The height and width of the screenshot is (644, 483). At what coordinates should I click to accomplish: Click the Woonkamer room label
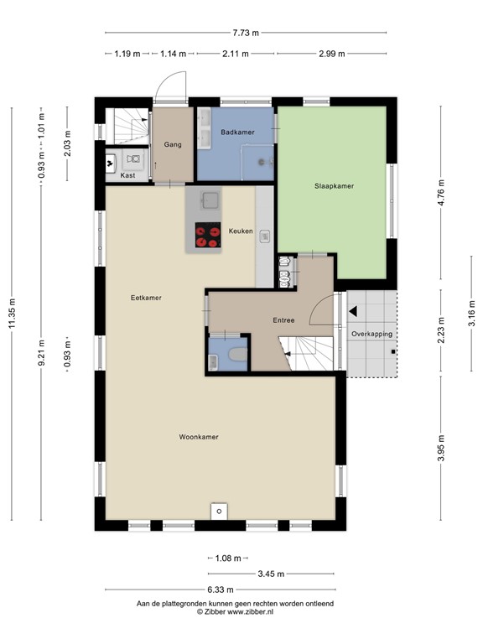coord(199,437)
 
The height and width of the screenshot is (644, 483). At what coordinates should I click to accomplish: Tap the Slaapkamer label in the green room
coord(334,186)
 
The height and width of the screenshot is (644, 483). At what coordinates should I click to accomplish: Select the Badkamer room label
coord(237,132)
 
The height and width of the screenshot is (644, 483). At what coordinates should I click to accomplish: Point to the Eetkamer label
coord(146,298)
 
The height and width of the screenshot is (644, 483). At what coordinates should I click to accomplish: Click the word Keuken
coord(241,231)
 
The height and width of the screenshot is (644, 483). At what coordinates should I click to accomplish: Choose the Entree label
coord(283,320)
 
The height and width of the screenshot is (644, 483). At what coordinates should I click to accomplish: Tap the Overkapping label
coord(371,335)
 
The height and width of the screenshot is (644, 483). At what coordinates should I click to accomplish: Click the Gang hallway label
coord(173,144)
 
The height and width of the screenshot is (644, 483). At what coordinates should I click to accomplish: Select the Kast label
coord(127,175)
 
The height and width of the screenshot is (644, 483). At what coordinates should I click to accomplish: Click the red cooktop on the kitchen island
coord(208,236)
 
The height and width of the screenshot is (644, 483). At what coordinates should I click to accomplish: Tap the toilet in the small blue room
coord(237,355)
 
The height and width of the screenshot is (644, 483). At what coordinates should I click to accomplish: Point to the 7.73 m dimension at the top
coord(246,33)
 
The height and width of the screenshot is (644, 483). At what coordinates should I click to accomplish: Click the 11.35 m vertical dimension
coord(13,313)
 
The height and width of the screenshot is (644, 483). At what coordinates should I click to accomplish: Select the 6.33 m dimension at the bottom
coord(221,589)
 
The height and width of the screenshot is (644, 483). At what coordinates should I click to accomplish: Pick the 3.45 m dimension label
coord(271,574)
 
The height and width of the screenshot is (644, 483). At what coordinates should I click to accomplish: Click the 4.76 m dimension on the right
coord(441,193)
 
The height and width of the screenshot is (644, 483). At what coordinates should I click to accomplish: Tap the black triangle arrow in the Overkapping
coord(352,311)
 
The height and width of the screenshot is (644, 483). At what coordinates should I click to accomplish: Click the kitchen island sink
coord(210,200)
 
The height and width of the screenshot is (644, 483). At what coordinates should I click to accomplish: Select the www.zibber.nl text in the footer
coord(250,612)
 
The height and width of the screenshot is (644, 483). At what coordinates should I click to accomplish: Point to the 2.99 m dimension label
coord(332,54)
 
